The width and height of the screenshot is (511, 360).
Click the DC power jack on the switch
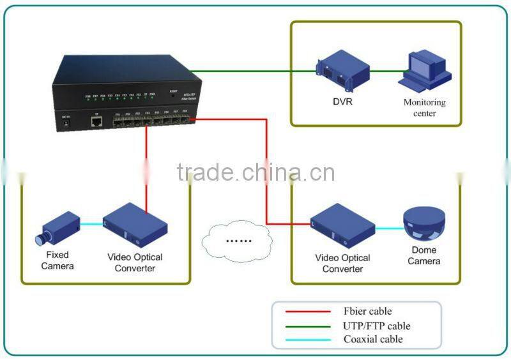point(65,124)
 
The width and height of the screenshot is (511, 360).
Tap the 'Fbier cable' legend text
point(368,312)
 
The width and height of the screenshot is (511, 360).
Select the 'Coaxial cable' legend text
point(373,340)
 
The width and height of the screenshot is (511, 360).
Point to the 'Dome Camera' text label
point(424,256)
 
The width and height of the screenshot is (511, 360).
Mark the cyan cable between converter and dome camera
point(388,228)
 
